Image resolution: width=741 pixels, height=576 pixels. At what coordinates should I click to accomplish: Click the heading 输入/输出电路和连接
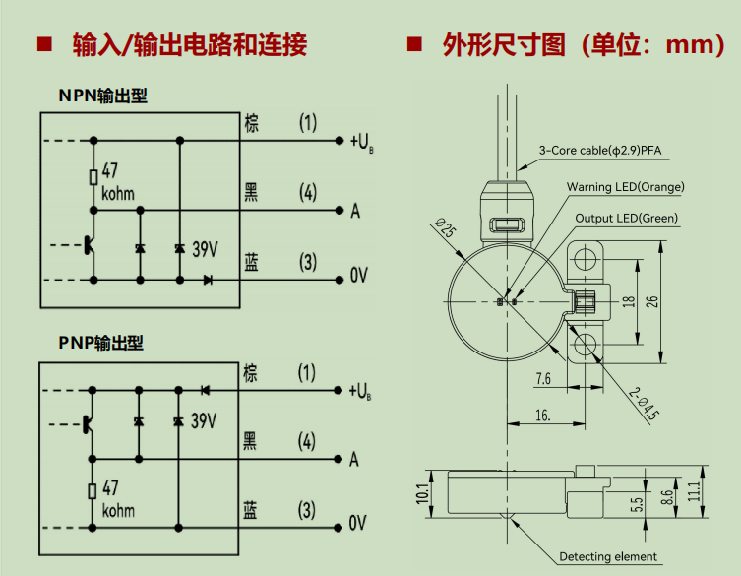pos(190,45)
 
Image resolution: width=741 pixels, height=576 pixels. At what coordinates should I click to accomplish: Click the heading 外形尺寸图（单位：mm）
pos(584,45)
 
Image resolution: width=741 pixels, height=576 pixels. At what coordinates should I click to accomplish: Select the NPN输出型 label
pos(102,96)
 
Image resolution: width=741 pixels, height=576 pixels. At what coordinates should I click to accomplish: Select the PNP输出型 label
pos(100,343)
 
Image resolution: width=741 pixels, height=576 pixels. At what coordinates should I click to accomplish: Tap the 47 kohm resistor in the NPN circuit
pos(93,177)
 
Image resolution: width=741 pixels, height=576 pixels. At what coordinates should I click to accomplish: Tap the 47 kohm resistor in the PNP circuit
pos(93,491)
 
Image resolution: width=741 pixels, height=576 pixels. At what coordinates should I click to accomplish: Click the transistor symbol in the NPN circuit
pos(89,245)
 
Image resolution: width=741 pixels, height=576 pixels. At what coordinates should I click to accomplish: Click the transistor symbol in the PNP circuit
pos(87,424)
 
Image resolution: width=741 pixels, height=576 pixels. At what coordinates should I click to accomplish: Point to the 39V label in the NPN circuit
pos(205,249)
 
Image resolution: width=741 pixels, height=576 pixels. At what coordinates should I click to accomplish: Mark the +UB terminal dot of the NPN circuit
pos(339,141)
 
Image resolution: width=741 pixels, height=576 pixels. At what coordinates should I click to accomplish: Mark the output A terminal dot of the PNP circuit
pos(338,459)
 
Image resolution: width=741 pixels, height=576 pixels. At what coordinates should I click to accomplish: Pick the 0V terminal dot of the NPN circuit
pos(339,280)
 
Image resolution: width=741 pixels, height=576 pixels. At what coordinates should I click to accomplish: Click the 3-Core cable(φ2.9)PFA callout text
pos(600,151)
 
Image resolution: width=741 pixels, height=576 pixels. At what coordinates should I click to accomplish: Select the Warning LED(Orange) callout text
pos(625,187)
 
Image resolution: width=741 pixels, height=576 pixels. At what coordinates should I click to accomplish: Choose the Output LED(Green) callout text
pos(626,218)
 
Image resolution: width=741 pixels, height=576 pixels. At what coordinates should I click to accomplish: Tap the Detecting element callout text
pos(608,556)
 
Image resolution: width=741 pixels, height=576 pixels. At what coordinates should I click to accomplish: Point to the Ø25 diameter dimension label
pos(445,227)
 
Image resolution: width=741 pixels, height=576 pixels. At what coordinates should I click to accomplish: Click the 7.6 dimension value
pos(543,379)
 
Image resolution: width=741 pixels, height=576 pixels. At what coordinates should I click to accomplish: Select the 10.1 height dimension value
pos(422,493)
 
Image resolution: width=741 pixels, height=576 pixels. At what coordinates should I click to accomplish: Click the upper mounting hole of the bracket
pos(586,259)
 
